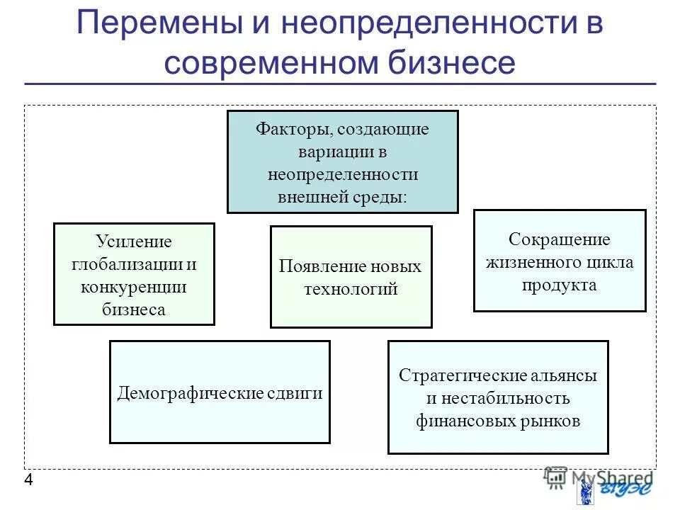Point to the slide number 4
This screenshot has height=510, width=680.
tap(28, 481)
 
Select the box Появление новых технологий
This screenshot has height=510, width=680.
tap(351, 277)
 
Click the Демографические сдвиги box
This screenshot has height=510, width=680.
tap(220, 392)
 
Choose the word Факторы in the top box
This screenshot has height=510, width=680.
tap(295, 130)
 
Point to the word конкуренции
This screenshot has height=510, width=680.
tap(134, 287)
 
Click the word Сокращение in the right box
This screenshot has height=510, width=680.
tap(560, 239)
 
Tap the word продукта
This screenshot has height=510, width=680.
tap(560, 285)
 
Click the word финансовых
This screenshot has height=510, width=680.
tap(461, 421)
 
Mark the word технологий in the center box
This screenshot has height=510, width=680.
tap(351, 289)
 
